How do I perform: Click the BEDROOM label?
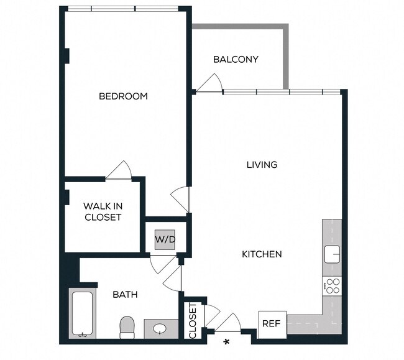pyautogui.click(x=123, y=96)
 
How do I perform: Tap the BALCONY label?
pyautogui.click(x=236, y=60)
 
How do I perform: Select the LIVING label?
pyautogui.click(x=262, y=165)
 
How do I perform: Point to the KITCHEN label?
pyautogui.click(x=262, y=254)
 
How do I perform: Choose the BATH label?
pyautogui.click(x=125, y=294)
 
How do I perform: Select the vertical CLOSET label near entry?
pyautogui.click(x=193, y=321)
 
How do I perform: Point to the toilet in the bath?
pyautogui.click(x=127, y=326)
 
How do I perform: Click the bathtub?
pyautogui.click(x=82, y=315)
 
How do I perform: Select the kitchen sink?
pyautogui.click(x=333, y=254)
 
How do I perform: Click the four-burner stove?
pyautogui.click(x=333, y=286)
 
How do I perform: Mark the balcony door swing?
pyautogui.click(x=210, y=83)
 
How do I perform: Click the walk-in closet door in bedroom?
pyautogui.click(x=118, y=169)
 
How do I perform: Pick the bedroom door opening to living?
pyautogui.click(x=180, y=199)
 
